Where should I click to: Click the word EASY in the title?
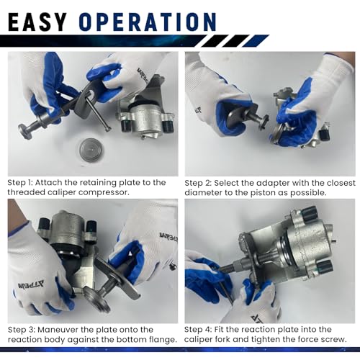tap(37, 22)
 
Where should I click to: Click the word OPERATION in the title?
tap(148, 22)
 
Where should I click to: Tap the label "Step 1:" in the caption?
tap(20, 183)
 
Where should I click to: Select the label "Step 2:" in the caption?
tap(198, 183)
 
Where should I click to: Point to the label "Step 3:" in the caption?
tap(22, 330)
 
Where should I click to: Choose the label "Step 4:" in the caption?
tap(198, 330)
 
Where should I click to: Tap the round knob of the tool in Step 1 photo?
tap(24, 131)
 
